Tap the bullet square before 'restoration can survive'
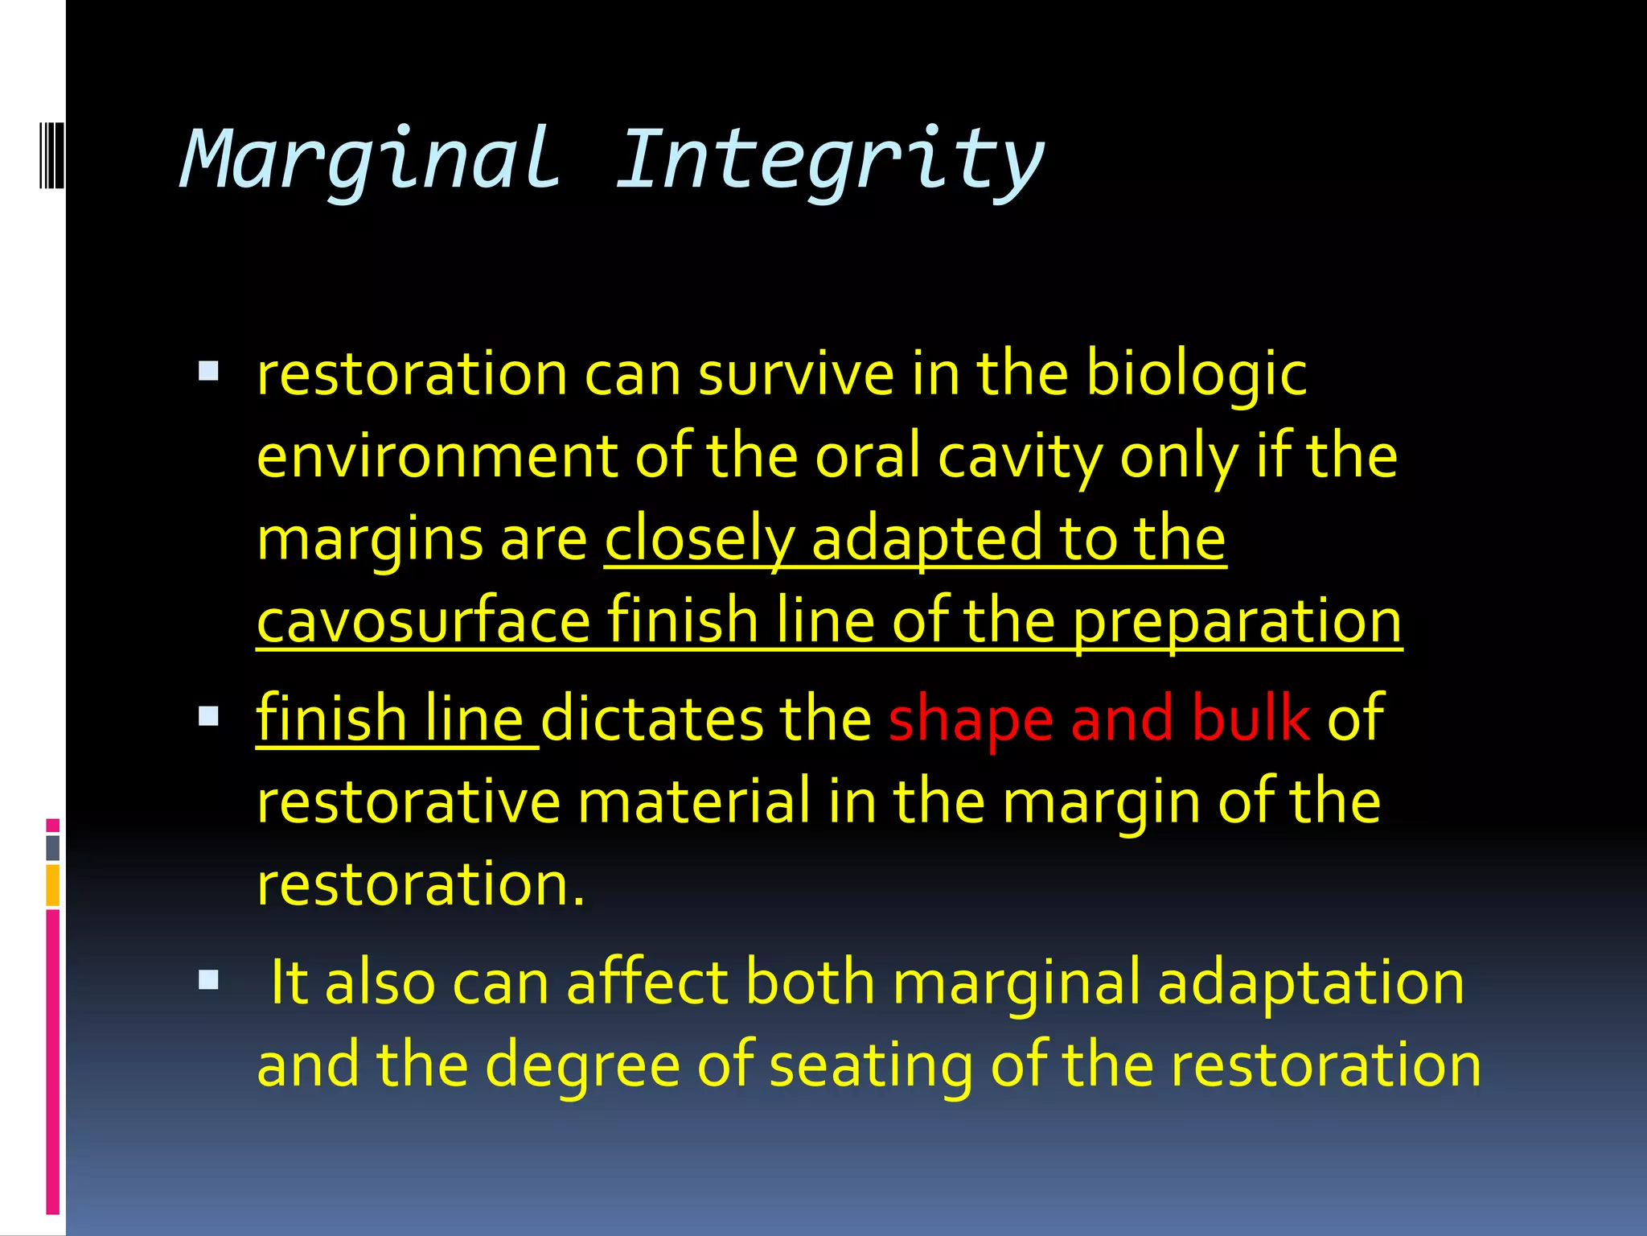[x=208, y=371]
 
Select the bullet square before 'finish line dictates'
[x=208, y=716]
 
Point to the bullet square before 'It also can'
[x=208, y=979]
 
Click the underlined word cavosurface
[x=424, y=621]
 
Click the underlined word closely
[x=700, y=540]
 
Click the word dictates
[x=651, y=719]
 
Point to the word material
[x=694, y=802]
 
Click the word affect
[x=647, y=983]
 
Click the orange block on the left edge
[x=53, y=885]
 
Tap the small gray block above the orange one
[x=53, y=847]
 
